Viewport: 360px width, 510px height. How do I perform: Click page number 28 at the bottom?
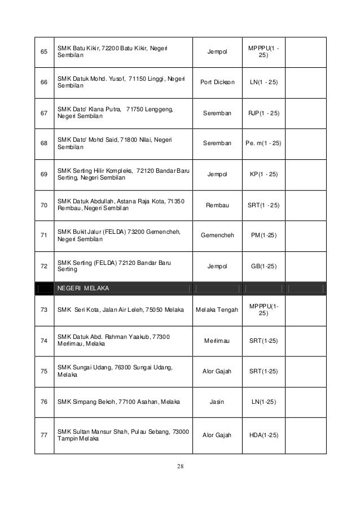(180, 466)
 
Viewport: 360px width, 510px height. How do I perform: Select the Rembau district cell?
(216, 205)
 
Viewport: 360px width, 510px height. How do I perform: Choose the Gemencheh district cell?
(216, 235)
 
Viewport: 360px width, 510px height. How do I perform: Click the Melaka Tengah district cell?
(216, 309)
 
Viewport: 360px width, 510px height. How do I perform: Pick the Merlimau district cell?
(216, 341)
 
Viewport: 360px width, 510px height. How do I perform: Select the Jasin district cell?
(216, 402)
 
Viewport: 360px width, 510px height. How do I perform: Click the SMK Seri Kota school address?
(118, 309)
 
